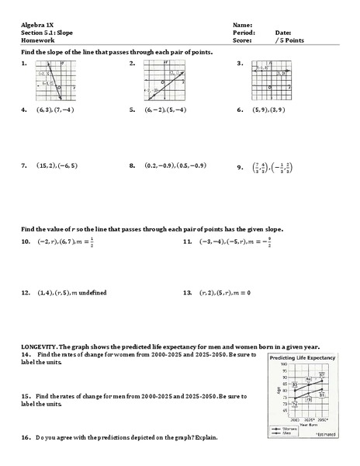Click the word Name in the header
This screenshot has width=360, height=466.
(x=242, y=26)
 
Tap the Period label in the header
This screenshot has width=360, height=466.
(x=243, y=33)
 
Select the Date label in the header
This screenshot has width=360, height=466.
(x=282, y=33)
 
